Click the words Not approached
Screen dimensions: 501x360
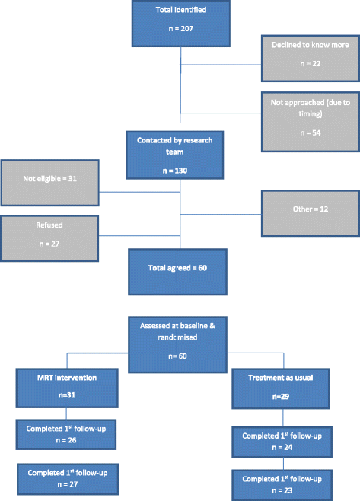tap(289, 101)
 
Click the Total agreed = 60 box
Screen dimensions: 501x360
tap(180, 270)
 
